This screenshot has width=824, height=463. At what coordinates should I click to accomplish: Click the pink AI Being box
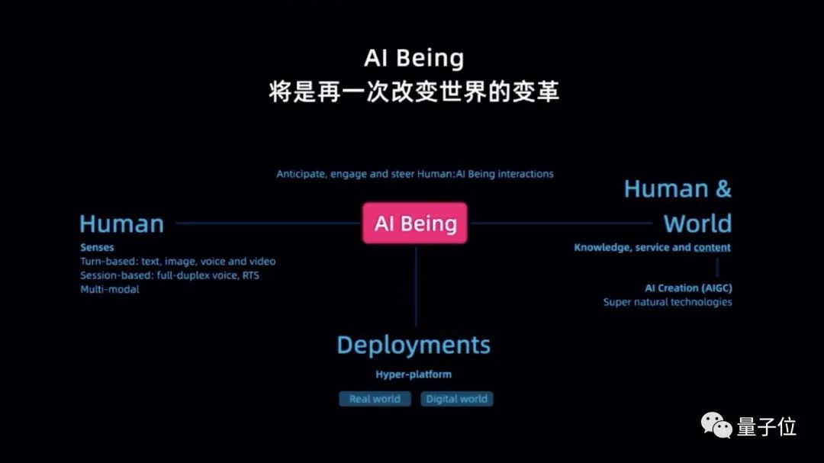415,223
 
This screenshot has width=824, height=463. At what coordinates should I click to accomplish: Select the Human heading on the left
121,224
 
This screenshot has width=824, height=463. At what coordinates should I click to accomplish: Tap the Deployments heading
414,345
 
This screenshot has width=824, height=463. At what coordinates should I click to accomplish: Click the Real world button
375,399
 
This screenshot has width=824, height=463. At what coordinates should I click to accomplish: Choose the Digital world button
457,399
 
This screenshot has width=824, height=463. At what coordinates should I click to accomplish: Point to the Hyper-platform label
414,375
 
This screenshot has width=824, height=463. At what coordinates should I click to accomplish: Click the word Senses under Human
97,248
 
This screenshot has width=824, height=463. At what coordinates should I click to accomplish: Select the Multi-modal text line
110,289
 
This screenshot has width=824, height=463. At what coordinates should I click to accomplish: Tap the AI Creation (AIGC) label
688,288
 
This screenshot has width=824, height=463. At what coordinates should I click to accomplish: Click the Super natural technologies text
668,302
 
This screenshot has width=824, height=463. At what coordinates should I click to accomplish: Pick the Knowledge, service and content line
652,247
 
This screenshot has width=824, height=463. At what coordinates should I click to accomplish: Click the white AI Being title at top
414,59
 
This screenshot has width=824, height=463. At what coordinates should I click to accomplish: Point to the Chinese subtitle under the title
414,92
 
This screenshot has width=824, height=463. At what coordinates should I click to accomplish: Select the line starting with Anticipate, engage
414,174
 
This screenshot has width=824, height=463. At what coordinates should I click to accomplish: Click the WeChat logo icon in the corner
716,426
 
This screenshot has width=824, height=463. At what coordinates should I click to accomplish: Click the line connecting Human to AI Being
267,223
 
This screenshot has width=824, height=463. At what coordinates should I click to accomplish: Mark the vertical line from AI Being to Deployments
416,286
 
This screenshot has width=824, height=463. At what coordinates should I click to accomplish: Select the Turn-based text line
178,262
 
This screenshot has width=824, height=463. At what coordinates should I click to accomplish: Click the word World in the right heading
697,224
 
